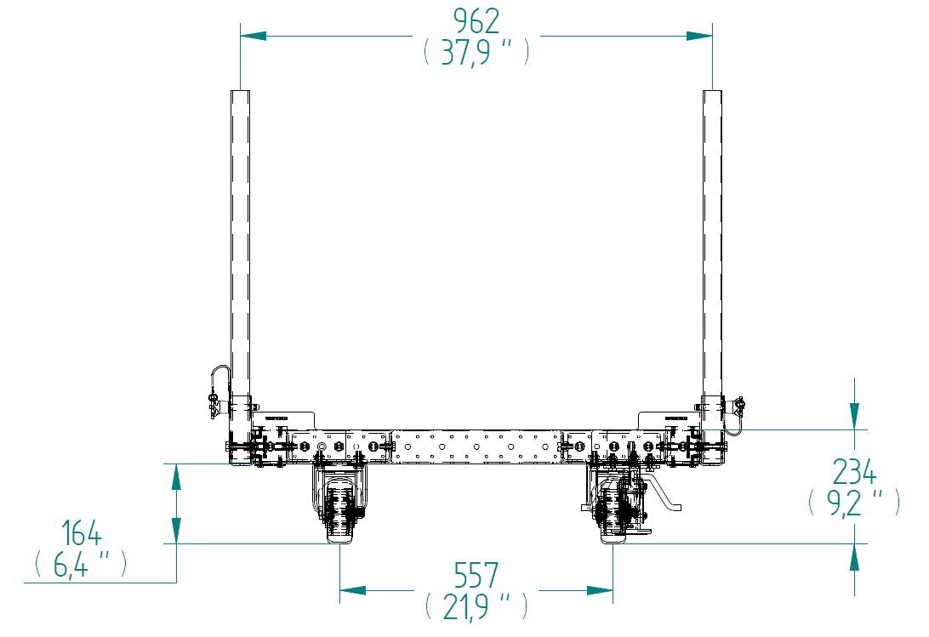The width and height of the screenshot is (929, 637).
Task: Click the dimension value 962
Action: [x=476, y=21]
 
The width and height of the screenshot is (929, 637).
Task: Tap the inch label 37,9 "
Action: [x=476, y=53]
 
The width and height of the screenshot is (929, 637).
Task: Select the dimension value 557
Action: [x=476, y=575]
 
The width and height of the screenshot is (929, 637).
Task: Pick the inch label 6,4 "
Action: [x=81, y=564]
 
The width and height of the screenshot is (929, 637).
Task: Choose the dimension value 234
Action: [x=854, y=472]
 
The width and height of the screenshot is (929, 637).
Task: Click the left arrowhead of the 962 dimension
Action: [x=254, y=37]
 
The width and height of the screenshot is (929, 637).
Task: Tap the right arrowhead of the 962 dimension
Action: [x=699, y=37]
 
